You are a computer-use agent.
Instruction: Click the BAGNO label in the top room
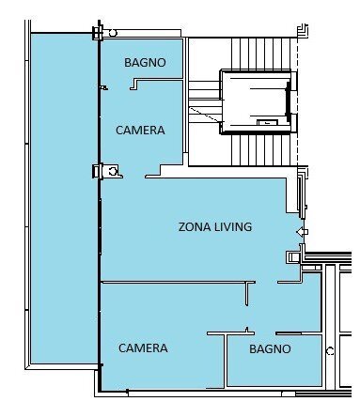(x=145, y=62)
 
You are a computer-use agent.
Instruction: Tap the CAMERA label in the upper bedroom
(x=140, y=131)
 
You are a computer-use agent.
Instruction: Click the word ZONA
(x=195, y=226)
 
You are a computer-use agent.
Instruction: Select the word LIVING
(x=233, y=226)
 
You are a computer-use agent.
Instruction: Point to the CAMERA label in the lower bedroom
(x=143, y=348)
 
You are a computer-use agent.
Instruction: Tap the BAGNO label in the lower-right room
(x=270, y=348)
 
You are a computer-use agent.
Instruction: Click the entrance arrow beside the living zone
(x=302, y=232)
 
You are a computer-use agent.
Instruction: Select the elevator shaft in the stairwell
(x=257, y=101)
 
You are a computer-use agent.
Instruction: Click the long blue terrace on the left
(x=64, y=199)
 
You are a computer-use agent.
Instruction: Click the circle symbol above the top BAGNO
(x=113, y=33)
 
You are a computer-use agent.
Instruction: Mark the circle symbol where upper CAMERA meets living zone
(x=113, y=171)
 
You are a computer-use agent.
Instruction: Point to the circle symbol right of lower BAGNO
(x=330, y=351)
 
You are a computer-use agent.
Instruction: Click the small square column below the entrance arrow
(x=293, y=257)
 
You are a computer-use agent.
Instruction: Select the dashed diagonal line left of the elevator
(x=205, y=115)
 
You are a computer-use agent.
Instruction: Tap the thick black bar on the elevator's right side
(x=288, y=101)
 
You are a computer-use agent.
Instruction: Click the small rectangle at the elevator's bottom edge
(x=267, y=122)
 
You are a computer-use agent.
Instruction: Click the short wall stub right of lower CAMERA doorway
(x=247, y=294)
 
